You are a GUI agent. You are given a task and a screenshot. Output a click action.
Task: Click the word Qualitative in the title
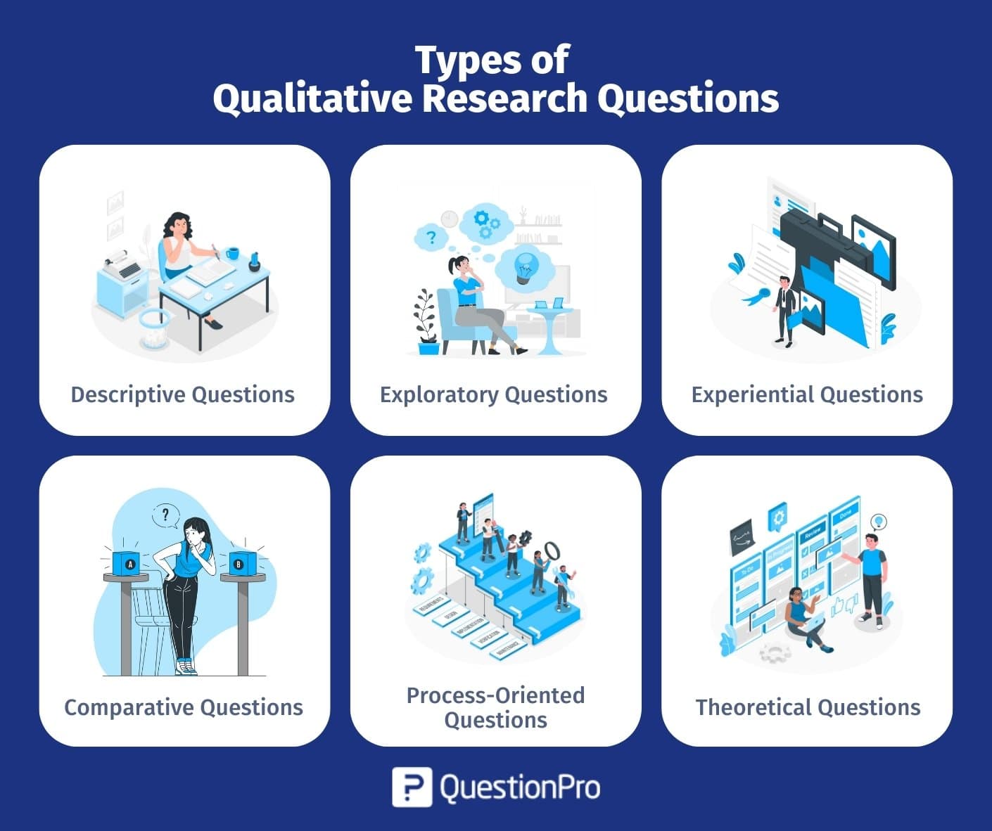[x=312, y=98]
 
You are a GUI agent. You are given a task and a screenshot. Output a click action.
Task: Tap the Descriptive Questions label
[x=183, y=394]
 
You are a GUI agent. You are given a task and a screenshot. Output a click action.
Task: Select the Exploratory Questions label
[x=493, y=394]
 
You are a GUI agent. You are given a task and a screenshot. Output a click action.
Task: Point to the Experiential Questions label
[x=807, y=394]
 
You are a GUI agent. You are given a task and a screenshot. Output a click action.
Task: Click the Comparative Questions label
[x=184, y=707]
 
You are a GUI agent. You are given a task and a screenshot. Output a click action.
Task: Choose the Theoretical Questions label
[x=808, y=707]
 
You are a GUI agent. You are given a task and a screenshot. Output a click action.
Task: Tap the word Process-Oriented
[x=495, y=695]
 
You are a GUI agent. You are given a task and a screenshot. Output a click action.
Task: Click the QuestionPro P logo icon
[x=412, y=787]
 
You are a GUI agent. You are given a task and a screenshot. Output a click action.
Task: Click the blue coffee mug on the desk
[x=233, y=252]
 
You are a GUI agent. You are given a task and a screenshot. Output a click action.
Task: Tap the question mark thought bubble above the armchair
[x=431, y=238]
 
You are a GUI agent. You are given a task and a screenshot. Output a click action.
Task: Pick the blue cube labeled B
[x=239, y=562]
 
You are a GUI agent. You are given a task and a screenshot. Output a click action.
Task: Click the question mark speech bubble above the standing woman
[x=165, y=515]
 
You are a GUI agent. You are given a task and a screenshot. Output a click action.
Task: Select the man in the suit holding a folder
[x=784, y=309]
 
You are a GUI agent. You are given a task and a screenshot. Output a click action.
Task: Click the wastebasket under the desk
[x=153, y=329]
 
